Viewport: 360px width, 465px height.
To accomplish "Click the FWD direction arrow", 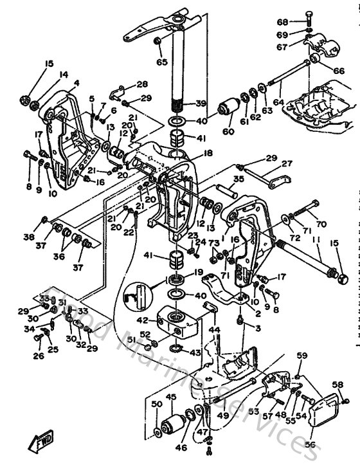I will [x=39, y=442].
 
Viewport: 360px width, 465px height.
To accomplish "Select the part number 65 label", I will [x=161, y=62].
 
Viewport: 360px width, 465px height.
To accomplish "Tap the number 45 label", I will [x=171, y=397].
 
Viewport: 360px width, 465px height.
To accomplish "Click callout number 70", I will [x=321, y=225].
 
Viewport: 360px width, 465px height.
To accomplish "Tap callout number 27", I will [x=286, y=163].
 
